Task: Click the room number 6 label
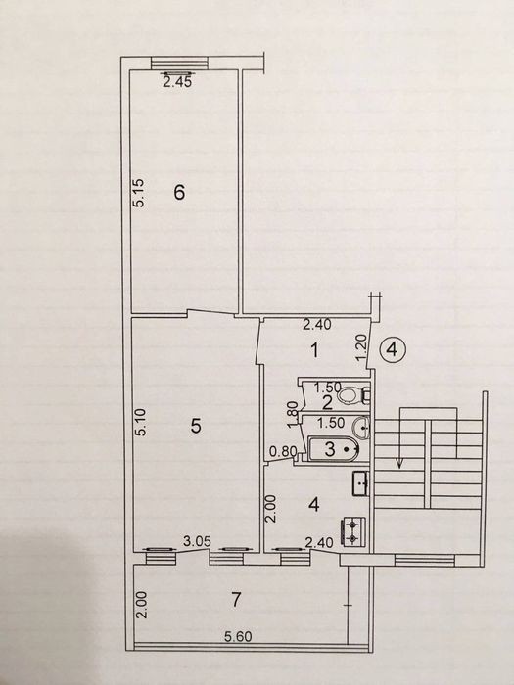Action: (x=179, y=192)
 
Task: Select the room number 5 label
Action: (x=196, y=426)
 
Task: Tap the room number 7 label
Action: (x=236, y=600)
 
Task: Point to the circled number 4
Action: (x=393, y=349)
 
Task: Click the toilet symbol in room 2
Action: (x=352, y=395)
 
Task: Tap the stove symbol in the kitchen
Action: (x=352, y=531)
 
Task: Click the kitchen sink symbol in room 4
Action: (x=361, y=483)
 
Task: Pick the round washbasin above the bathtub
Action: (x=362, y=427)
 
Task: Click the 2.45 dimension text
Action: (x=177, y=82)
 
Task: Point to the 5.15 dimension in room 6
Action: (x=140, y=193)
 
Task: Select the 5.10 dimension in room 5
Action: (x=141, y=422)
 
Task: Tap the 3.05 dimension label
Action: (x=197, y=542)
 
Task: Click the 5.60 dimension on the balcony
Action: (x=238, y=636)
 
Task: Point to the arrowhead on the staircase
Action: (x=399, y=464)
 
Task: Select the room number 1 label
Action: (x=314, y=350)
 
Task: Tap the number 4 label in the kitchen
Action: (x=314, y=505)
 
